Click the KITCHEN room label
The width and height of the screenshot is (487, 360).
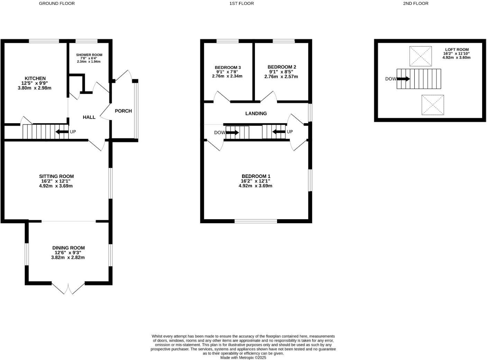click(35, 79)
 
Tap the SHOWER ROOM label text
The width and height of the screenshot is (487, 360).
click(89, 55)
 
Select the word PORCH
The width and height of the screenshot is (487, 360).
click(123, 111)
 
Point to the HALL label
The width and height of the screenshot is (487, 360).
click(89, 117)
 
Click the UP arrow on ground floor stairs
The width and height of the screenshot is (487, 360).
click(62, 132)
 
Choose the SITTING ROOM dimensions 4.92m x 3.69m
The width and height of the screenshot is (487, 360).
click(56, 186)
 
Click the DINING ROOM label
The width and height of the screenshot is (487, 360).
click(68, 248)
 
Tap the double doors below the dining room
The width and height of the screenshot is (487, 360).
click(68, 288)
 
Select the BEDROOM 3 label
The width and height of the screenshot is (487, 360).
click(228, 67)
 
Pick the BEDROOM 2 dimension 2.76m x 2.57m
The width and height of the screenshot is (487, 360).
click(281, 76)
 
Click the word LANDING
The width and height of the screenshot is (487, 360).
click(256, 114)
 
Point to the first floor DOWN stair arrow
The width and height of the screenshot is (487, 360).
click(232, 133)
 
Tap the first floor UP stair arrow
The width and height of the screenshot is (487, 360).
click(279, 132)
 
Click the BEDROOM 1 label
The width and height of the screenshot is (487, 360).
click(256, 176)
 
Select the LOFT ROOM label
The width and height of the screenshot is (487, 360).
click(457, 50)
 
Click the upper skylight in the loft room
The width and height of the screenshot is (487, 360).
click(421, 56)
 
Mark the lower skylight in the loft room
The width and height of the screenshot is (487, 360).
click(432, 105)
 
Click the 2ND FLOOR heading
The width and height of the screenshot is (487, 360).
click(415, 3)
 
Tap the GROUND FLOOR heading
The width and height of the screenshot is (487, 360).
click(57, 3)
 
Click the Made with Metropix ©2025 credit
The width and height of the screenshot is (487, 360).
click(243, 358)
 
